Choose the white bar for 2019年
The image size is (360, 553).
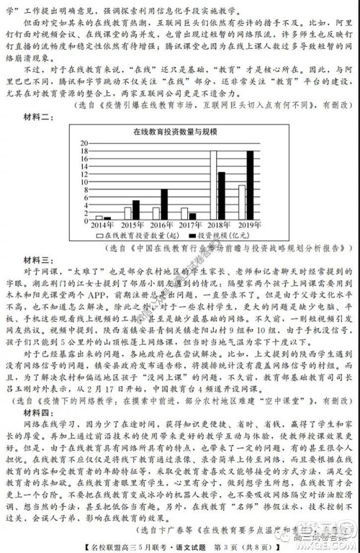[x=241, y=202]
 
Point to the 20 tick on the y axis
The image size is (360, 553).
[x=84, y=143]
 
